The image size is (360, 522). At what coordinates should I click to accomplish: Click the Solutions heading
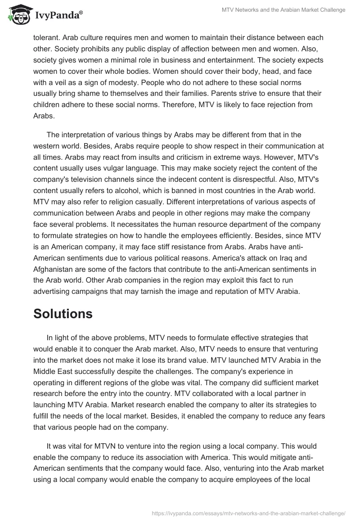click(x=63, y=313)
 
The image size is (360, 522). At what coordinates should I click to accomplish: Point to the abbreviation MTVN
click(x=109, y=446)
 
